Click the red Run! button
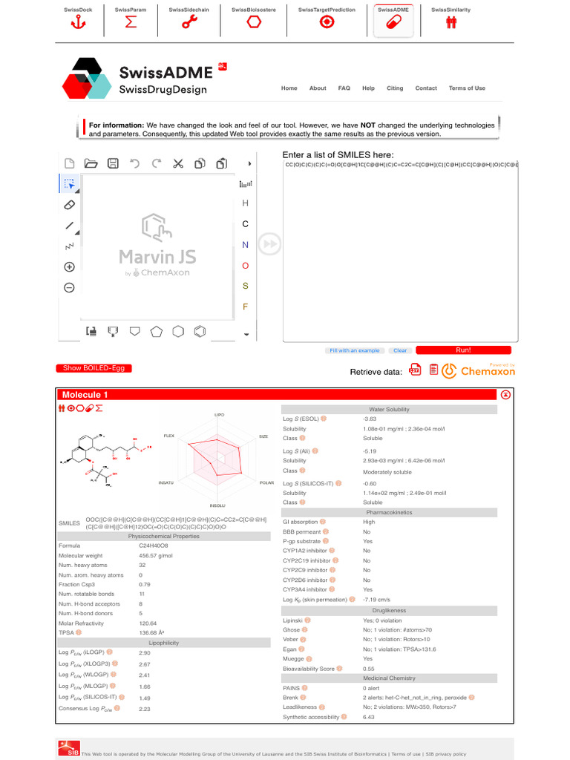(x=463, y=350)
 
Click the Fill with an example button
(x=354, y=350)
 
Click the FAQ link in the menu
(x=344, y=88)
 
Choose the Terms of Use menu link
(x=467, y=88)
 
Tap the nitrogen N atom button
(x=246, y=245)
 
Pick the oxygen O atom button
(x=246, y=266)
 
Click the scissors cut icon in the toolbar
(x=178, y=163)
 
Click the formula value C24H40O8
(x=153, y=546)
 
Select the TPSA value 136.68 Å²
(x=151, y=633)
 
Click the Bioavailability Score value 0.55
(x=369, y=669)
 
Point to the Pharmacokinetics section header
(x=389, y=513)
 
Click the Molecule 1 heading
(x=85, y=395)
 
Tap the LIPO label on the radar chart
(x=219, y=415)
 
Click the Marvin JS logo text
(x=157, y=257)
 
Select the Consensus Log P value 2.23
(x=145, y=709)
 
